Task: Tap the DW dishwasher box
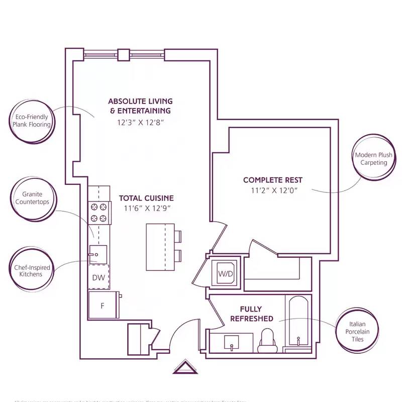(98, 277)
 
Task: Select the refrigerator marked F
(103, 305)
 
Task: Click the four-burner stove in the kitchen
(99, 212)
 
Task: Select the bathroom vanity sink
(231, 342)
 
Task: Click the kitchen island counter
(160, 247)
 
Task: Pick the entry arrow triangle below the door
(186, 367)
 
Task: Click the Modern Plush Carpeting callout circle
(373, 159)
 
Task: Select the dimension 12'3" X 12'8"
(140, 122)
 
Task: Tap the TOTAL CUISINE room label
(146, 198)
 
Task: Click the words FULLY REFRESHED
(251, 314)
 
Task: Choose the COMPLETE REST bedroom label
(273, 180)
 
